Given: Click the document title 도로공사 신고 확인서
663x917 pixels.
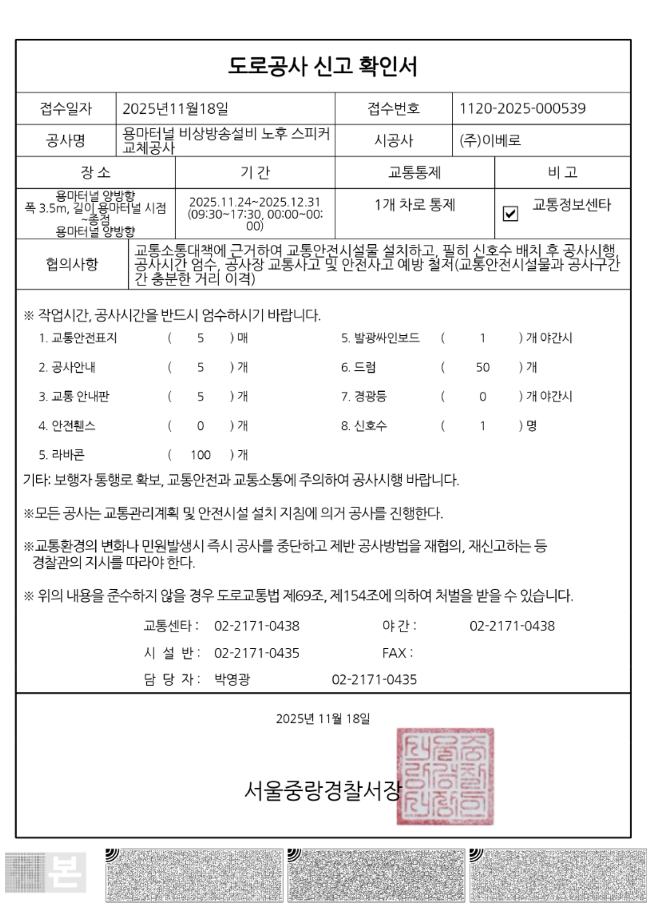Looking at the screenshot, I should click(x=322, y=66).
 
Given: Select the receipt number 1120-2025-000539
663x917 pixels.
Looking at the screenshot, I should click(x=522, y=109).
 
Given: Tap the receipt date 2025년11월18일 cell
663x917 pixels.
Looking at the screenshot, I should click(x=175, y=109).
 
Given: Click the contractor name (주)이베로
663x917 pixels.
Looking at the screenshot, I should click(x=490, y=141).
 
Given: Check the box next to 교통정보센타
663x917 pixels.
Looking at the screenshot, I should click(x=510, y=213).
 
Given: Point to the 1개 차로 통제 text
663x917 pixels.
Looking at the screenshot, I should click(x=415, y=205).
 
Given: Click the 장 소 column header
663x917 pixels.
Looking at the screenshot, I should click(x=95, y=172).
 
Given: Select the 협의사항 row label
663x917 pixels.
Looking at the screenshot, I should click(x=72, y=264).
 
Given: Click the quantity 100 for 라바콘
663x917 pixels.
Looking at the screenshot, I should click(x=201, y=455).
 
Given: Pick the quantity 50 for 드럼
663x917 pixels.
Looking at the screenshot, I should click(x=483, y=367).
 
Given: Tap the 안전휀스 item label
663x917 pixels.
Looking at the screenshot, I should click(x=67, y=426).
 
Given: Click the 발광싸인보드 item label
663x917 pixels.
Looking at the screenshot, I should click(x=380, y=338).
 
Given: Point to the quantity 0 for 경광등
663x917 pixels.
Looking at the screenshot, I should click(x=483, y=396).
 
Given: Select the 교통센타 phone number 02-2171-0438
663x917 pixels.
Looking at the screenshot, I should click(x=256, y=626).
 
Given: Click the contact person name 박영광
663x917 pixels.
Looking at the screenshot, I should click(x=232, y=680).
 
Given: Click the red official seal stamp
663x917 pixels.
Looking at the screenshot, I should click(x=445, y=776).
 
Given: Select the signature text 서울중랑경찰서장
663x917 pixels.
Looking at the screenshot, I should click(x=321, y=790).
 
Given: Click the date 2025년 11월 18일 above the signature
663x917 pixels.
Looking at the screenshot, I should click(x=322, y=718).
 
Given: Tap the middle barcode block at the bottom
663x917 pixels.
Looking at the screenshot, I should click(x=376, y=875).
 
